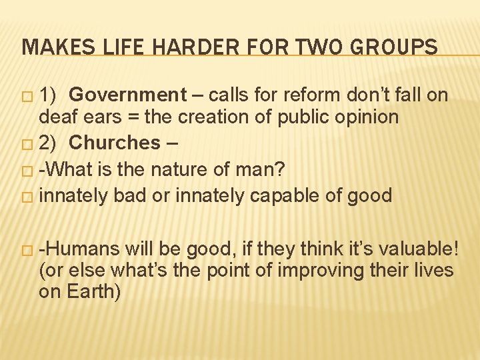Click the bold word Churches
[115, 143]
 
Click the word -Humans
[79, 249]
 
